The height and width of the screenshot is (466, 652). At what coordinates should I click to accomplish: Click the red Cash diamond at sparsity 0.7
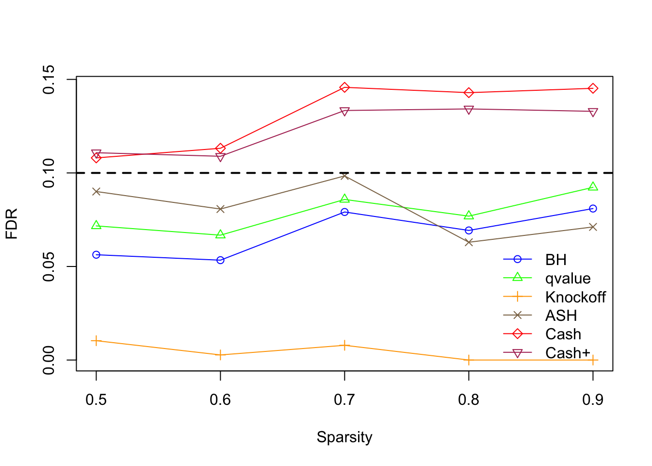click(344, 87)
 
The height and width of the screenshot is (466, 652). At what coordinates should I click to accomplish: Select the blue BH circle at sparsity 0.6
click(220, 260)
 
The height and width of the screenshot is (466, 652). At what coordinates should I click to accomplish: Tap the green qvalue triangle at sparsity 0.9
click(593, 187)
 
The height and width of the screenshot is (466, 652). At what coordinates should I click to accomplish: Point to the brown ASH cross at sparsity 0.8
click(469, 242)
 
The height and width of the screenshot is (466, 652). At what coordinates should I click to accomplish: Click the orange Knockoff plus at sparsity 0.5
click(96, 341)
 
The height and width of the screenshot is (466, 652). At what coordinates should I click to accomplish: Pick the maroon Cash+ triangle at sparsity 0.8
click(469, 110)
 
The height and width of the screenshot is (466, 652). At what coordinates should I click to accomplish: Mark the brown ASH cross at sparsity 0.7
click(344, 176)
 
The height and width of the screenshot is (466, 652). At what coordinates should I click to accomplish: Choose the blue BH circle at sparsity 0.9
click(593, 209)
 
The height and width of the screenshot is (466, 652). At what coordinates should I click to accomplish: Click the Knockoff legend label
click(575, 297)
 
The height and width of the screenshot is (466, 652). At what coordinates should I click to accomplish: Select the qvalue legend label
click(568, 279)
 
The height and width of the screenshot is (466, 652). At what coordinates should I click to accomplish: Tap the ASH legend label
click(561, 316)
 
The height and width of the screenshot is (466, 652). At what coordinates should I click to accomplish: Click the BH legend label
click(555, 260)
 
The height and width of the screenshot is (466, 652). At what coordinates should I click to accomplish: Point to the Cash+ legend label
click(568, 353)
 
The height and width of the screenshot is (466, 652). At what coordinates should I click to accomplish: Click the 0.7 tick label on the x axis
click(344, 399)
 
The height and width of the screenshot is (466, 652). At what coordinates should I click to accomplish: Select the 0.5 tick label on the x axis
click(96, 399)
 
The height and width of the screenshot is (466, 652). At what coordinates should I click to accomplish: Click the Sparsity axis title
click(344, 437)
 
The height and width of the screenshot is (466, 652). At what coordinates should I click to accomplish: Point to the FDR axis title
click(12, 224)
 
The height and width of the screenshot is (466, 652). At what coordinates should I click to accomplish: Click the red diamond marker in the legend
click(517, 334)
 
